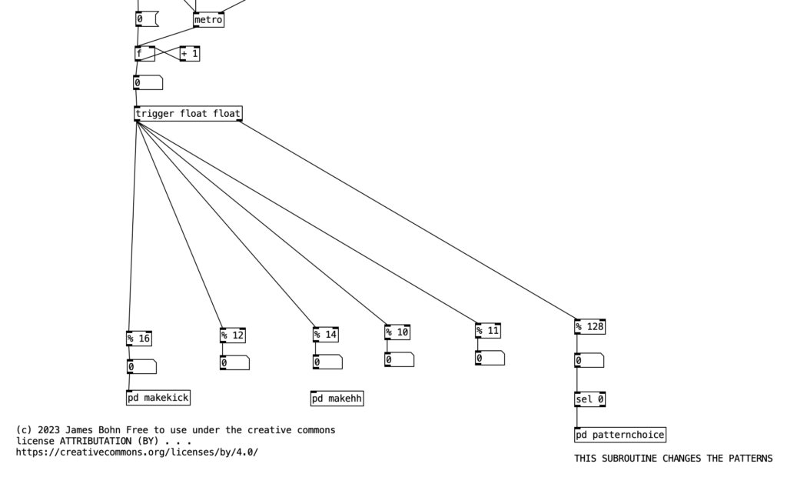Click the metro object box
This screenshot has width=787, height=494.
coord(208,20)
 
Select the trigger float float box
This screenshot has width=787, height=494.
coord(188,114)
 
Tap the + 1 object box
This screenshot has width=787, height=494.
coord(190,54)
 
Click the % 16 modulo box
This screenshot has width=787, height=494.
coord(139,339)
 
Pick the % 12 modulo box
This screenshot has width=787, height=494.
coord(232,335)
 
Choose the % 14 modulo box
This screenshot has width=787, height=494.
coord(325,335)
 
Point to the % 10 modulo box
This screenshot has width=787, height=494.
coord(397,332)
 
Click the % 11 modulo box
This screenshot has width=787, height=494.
coord(488,331)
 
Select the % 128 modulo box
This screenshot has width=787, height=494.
coord(589,327)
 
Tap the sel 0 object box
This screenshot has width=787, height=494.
coord(589,399)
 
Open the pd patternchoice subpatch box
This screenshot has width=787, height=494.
coord(619,435)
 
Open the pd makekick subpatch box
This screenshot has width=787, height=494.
coord(158,398)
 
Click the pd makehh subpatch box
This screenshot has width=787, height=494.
coord(337,399)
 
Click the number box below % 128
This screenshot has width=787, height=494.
coord(589,360)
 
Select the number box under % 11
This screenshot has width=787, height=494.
coord(490,358)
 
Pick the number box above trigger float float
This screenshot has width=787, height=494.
coord(148,83)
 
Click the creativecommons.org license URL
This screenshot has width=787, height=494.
coord(137,452)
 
